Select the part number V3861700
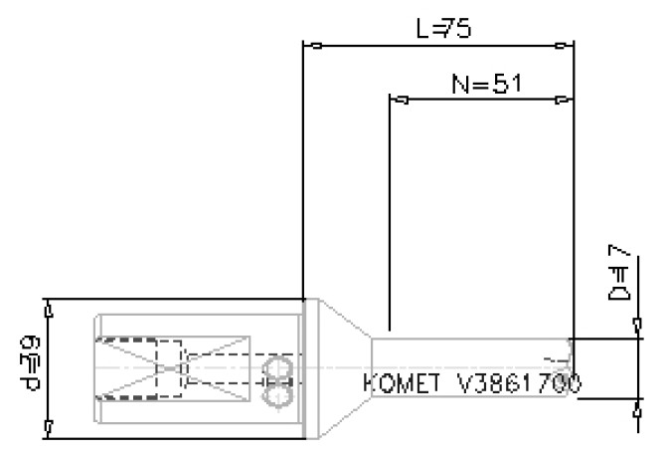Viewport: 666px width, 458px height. pyautogui.click(x=518, y=382)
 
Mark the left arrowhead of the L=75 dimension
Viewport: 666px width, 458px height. pyautogui.click(x=312, y=45)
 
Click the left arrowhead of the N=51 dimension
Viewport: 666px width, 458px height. pyautogui.click(x=400, y=100)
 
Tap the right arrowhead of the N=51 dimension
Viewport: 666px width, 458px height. pyautogui.click(x=564, y=100)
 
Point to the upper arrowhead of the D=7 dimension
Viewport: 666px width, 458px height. pyautogui.click(x=637, y=325)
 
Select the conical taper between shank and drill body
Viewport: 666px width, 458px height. pyautogui.click(x=344, y=368)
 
